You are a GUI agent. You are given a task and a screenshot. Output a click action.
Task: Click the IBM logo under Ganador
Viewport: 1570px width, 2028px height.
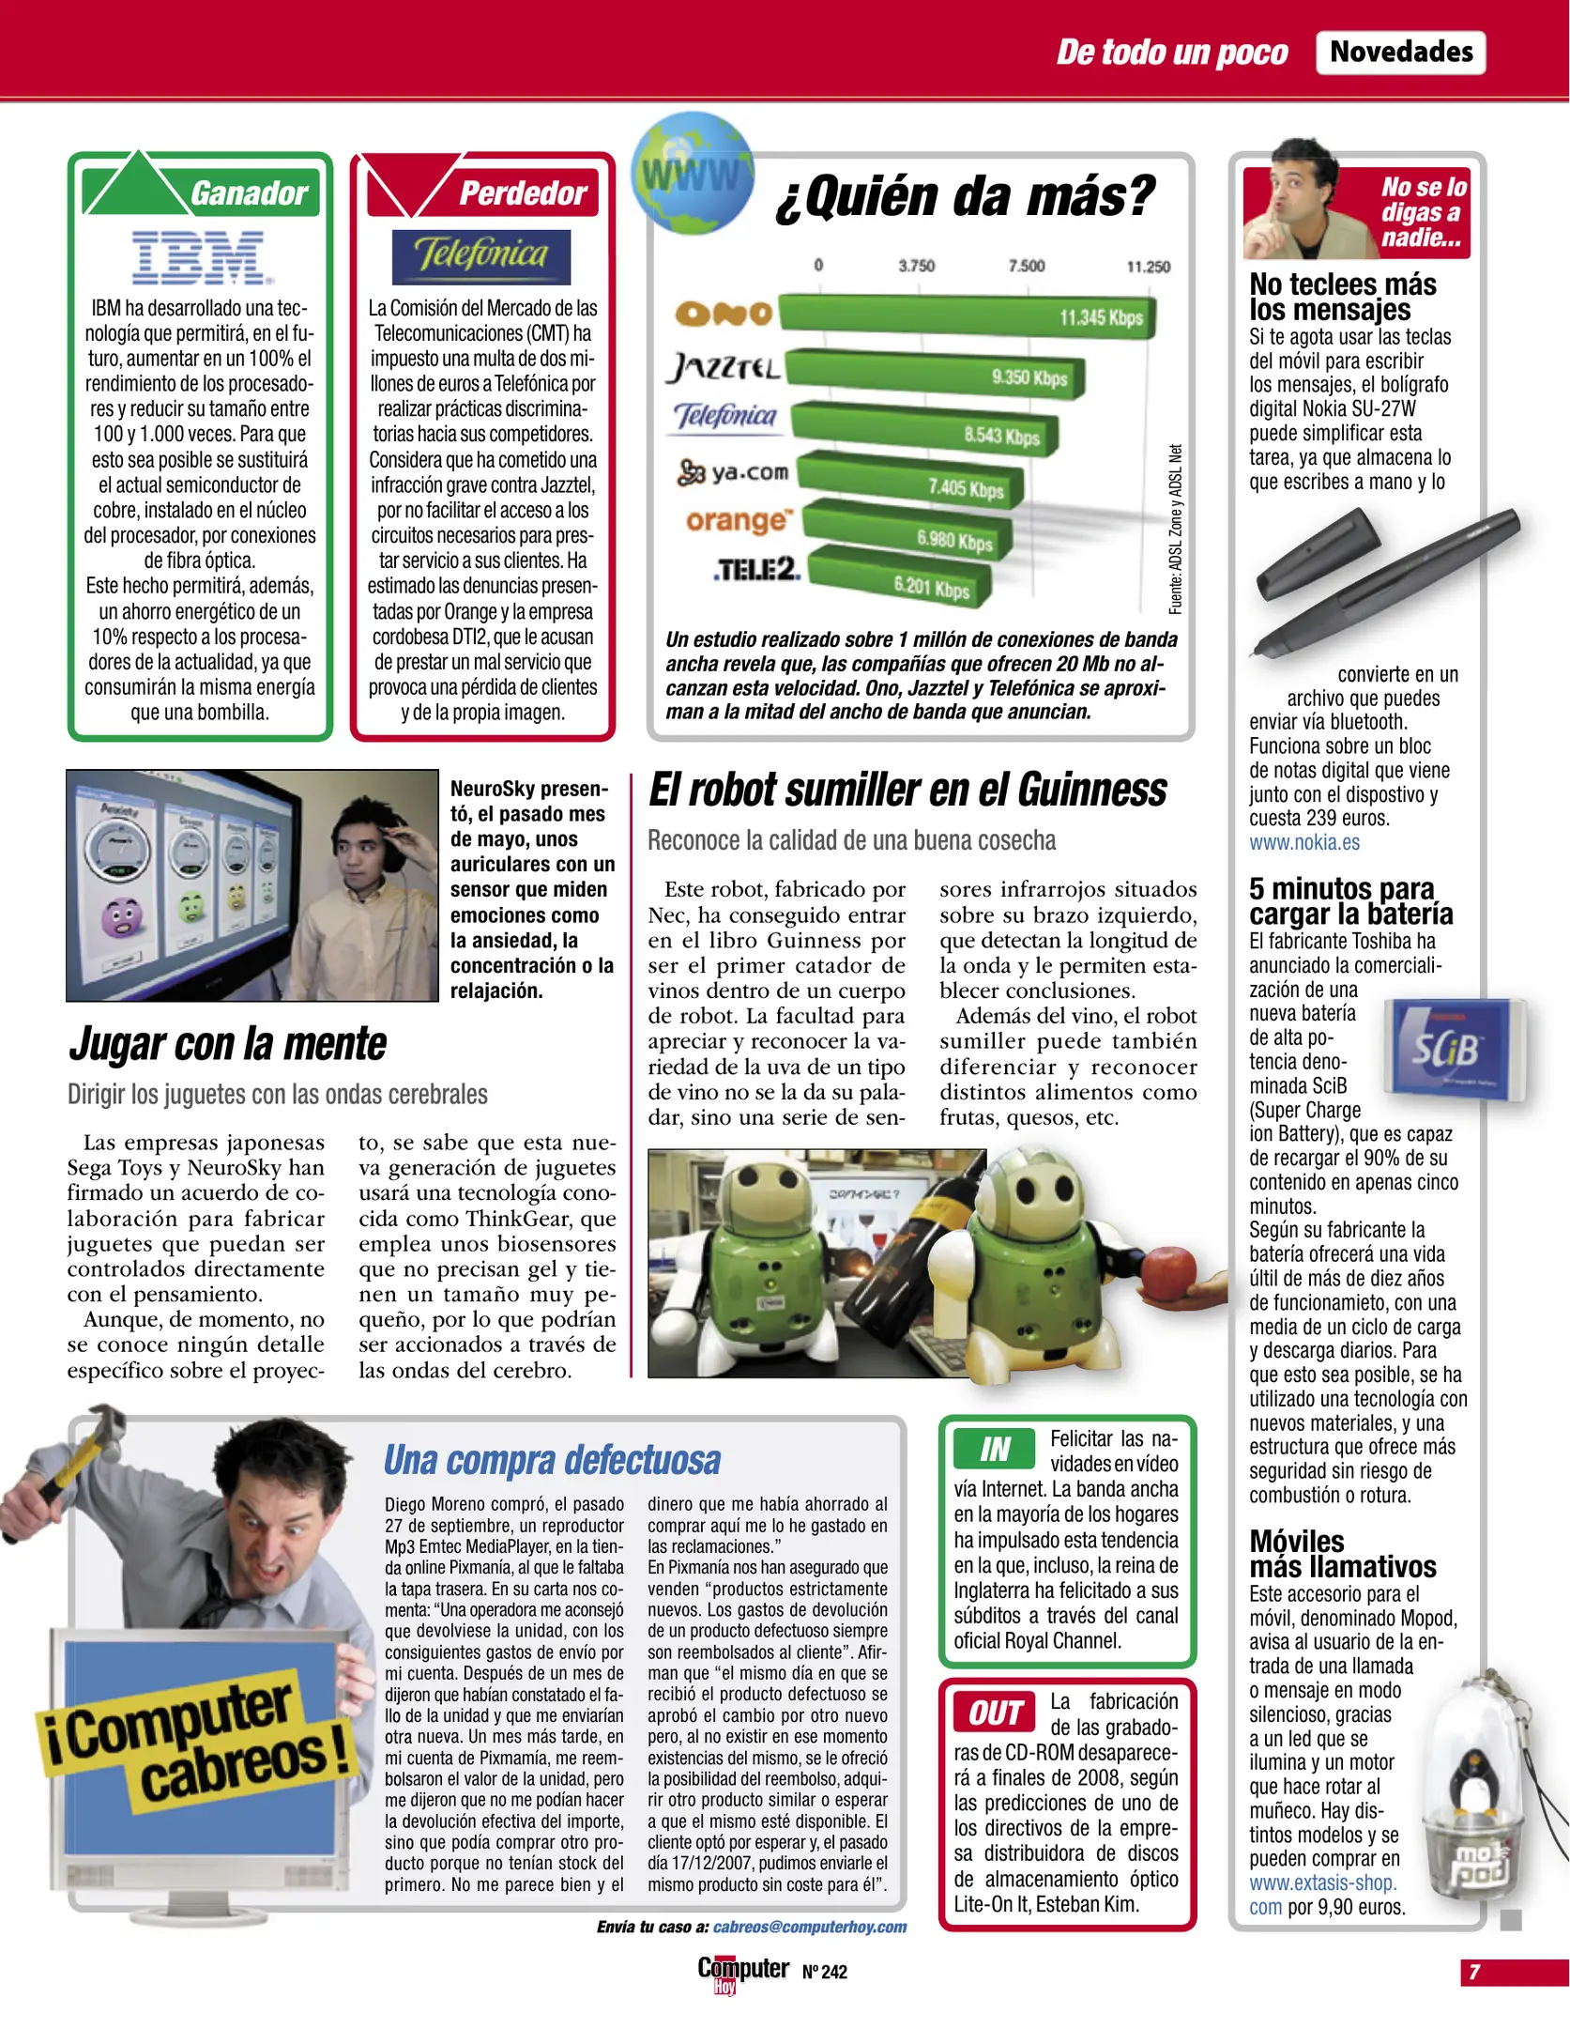200,257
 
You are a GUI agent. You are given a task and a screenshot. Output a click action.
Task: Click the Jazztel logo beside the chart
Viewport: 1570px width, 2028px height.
724,367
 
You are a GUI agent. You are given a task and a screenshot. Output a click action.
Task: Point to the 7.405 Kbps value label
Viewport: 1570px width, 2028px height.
966,488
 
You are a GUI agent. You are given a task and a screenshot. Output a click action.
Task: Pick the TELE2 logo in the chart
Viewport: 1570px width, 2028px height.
756,569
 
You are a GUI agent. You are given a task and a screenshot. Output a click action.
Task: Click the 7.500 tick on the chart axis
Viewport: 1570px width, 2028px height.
1026,266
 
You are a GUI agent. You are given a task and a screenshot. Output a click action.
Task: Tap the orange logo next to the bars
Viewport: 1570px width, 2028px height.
738,520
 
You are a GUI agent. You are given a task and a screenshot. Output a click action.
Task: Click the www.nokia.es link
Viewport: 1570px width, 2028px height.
1303,842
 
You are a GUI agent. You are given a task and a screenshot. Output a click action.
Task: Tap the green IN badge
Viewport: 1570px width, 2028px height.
994,1449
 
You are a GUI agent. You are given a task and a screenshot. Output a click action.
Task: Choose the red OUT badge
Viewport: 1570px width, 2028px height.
995,1713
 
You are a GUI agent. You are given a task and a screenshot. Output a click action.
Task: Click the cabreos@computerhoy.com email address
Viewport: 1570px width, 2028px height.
809,1927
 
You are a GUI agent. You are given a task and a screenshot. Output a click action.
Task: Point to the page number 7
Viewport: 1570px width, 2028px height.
1474,1972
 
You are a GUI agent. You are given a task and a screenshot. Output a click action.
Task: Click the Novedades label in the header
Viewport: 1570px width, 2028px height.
1401,52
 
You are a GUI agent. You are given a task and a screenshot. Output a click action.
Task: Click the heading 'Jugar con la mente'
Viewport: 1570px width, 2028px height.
228,1044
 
